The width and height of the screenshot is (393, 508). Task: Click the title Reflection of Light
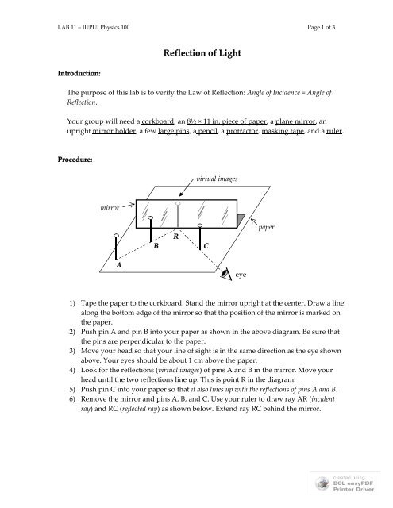196,52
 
